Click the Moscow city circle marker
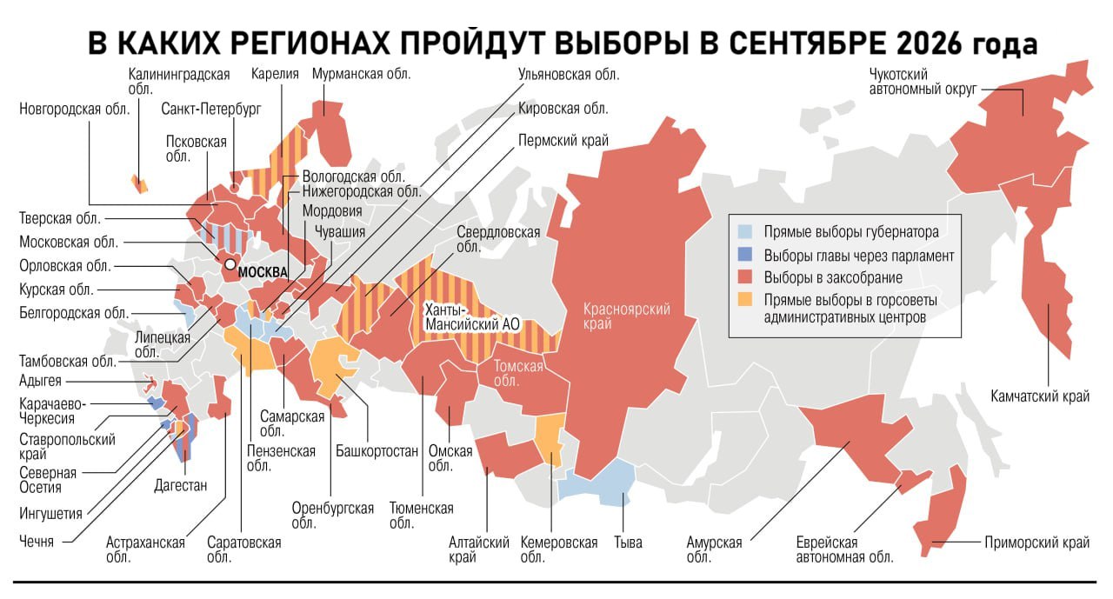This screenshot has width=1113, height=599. (230, 264)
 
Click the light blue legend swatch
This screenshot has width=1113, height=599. (744, 233)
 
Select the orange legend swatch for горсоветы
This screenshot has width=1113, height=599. (744, 301)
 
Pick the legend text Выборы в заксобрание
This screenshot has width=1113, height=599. (833, 278)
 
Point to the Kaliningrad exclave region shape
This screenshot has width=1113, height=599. (137, 183)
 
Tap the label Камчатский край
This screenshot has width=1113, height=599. (1040, 396)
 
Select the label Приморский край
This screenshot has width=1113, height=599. (1036, 542)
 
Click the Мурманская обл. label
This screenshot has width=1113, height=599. (361, 74)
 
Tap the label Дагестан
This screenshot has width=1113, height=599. (181, 485)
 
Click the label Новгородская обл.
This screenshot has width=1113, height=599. (74, 109)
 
